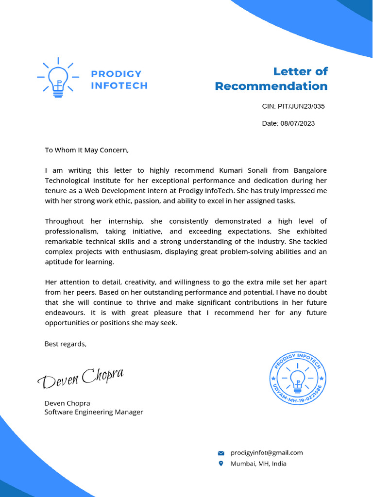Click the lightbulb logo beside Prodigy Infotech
click(58, 78)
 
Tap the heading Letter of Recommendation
click(271, 79)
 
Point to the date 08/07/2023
click(297, 123)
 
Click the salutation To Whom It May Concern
click(87, 150)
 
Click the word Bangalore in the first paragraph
click(310, 170)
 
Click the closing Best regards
click(66, 344)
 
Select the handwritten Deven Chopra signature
click(81, 378)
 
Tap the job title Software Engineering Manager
click(94, 412)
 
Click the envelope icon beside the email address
click(221, 453)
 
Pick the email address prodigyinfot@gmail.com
click(267, 453)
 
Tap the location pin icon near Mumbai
click(221, 464)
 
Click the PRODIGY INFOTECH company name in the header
click(119, 80)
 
